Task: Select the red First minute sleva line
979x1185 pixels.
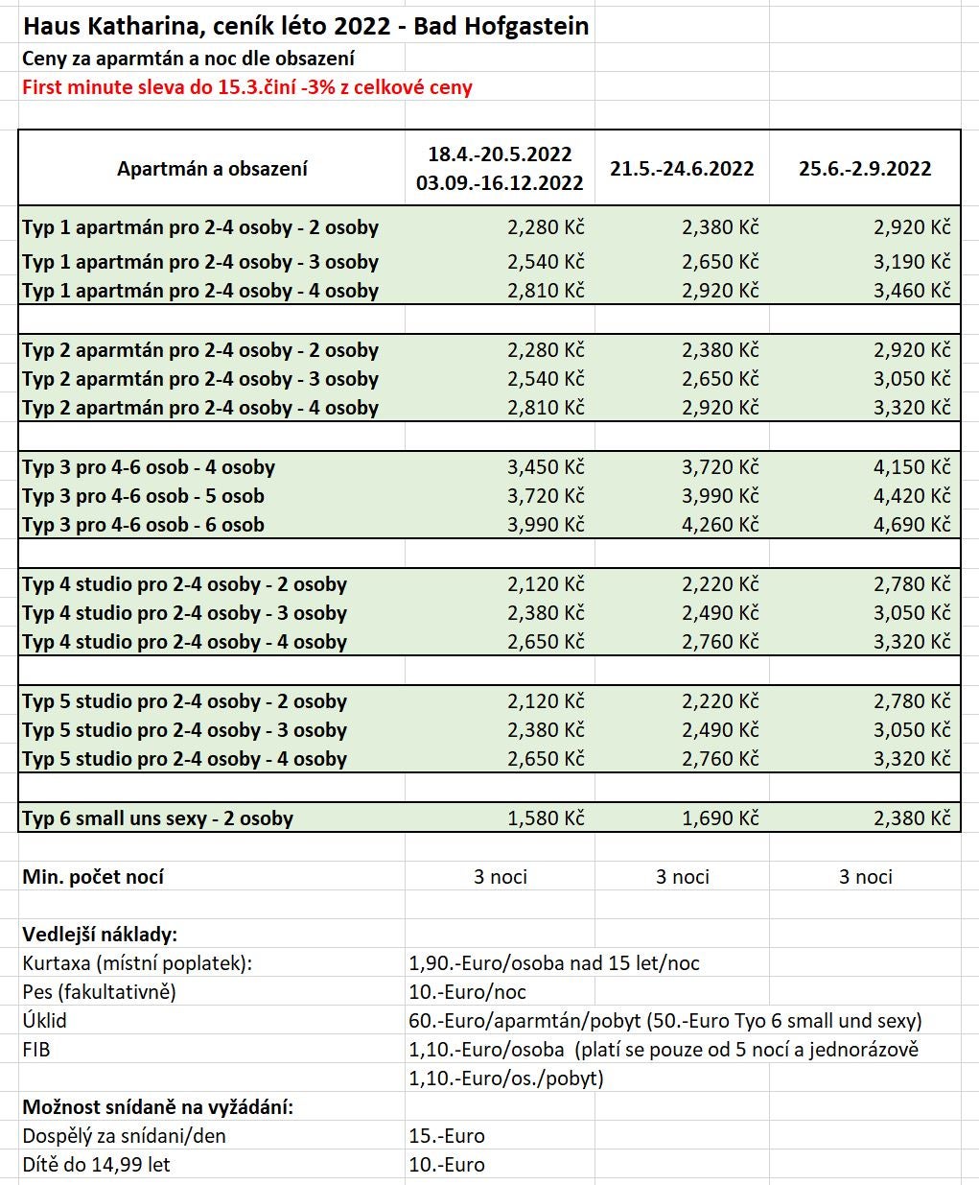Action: (x=247, y=87)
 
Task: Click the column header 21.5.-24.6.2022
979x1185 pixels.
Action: (x=682, y=169)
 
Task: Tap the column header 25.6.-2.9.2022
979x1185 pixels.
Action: (x=865, y=169)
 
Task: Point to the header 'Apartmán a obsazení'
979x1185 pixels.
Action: (x=212, y=169)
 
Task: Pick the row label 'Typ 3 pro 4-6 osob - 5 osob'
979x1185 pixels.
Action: (x=144, y=496)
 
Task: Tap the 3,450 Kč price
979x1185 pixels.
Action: (x=546, y=467)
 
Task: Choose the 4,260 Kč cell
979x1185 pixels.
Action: (x=720, y=525)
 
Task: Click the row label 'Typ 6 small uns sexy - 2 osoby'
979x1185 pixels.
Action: (x=158, y=818)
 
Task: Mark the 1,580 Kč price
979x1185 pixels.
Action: (x=546, y=818)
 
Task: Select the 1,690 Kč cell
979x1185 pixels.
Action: (x=720, y=818)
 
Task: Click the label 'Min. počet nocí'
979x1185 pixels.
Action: (x=93, y=877)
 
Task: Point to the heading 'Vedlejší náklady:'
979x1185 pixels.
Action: (x=100, y=935)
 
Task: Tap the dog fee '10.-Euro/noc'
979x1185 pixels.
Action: (x=468, y=992)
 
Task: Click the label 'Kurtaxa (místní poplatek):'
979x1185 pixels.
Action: (x=137, y=963)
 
